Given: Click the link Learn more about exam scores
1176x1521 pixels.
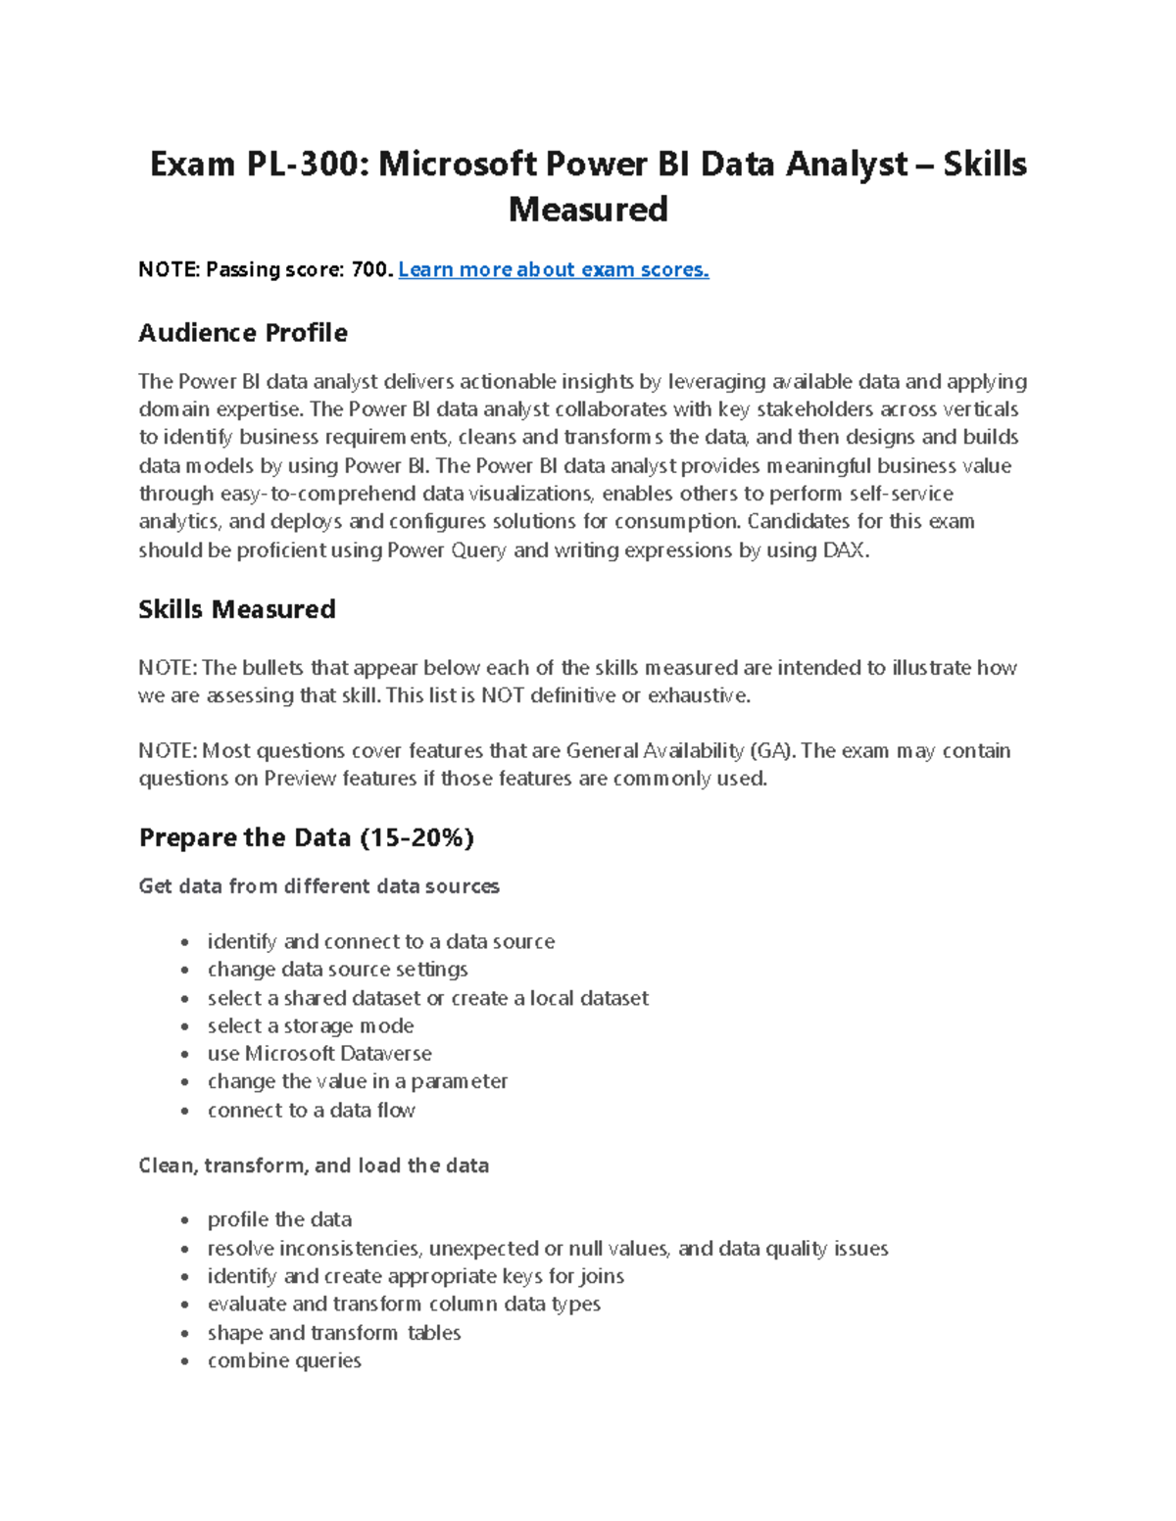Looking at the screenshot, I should tap(553, 269).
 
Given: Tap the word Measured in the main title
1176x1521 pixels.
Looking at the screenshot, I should tap(588, 210).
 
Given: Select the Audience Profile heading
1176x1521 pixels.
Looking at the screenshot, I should tap(243, 333).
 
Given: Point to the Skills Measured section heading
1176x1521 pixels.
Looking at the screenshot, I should tap(237, 609).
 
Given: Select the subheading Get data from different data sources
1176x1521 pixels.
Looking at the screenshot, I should tap(319, 886).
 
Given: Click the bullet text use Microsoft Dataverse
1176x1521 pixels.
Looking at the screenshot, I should tap(319, 1054).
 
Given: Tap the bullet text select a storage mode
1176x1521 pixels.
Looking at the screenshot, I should tap(311, 1025).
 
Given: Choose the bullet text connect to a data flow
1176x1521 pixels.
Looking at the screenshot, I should tap(312, 1110).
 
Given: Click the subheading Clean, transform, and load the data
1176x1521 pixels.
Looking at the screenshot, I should tap(314, 1165).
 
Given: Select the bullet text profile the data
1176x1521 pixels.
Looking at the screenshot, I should tap(279, 1219).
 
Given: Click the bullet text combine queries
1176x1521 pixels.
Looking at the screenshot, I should tap(284, 1360).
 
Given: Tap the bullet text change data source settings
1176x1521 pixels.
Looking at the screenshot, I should tap(337, 970).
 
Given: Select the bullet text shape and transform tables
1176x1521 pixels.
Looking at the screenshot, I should tap(334, 1333).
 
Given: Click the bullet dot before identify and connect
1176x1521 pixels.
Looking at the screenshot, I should tap(184, 943).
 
